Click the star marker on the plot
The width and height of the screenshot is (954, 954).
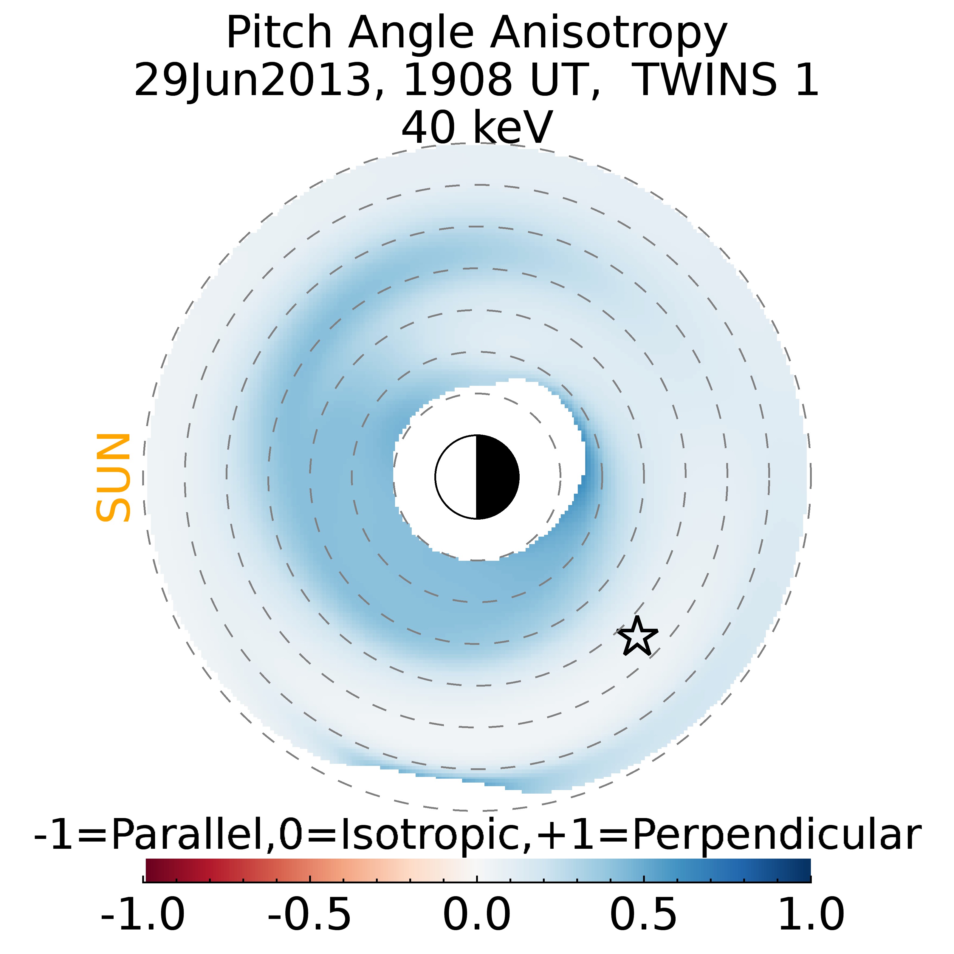coord(637,637)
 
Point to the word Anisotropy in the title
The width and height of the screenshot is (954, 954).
coord(608,34)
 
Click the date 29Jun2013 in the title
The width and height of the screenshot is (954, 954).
coord(252,80)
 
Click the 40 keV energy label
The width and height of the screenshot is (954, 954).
coord(477,127)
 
